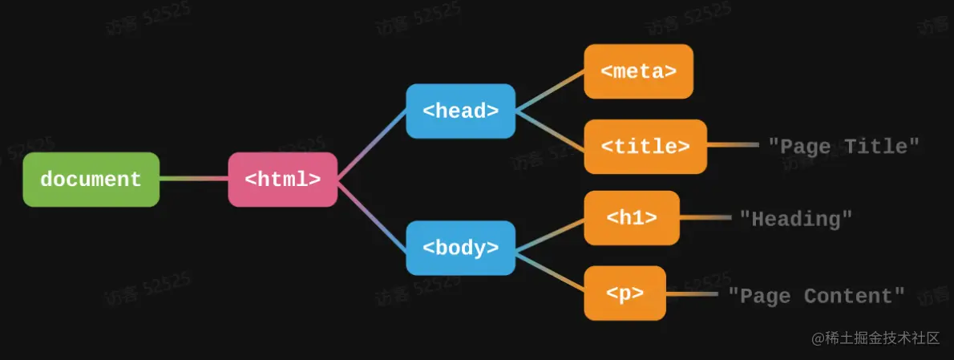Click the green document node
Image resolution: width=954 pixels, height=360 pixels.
point(91,180)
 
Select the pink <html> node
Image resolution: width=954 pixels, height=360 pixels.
point(282,180)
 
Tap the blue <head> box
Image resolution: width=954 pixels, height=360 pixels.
point(460,111)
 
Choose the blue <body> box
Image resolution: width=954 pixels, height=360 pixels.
point(460,248)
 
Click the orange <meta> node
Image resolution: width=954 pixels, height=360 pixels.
point(638,71)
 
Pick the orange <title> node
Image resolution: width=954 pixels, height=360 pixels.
point(645,147)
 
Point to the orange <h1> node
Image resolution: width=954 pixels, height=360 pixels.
point(632,217)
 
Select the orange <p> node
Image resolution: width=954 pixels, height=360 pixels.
point(625,293)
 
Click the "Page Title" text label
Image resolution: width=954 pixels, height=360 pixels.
point(843,146)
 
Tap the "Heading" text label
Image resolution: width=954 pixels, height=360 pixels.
point(795,218)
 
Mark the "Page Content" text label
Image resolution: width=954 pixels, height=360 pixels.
point(816,296)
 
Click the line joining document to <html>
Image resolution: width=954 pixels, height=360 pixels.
point(194,179)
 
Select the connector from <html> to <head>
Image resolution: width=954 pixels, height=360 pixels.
point(371,145)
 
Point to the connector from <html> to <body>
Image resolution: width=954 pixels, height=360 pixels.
point(371,214)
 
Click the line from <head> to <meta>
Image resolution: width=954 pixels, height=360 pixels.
point(549,90)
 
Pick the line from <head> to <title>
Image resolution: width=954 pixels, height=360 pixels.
point(549,128)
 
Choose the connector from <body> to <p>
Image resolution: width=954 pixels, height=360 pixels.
point(549,270)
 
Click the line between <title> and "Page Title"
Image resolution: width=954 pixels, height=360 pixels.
point(732,145)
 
